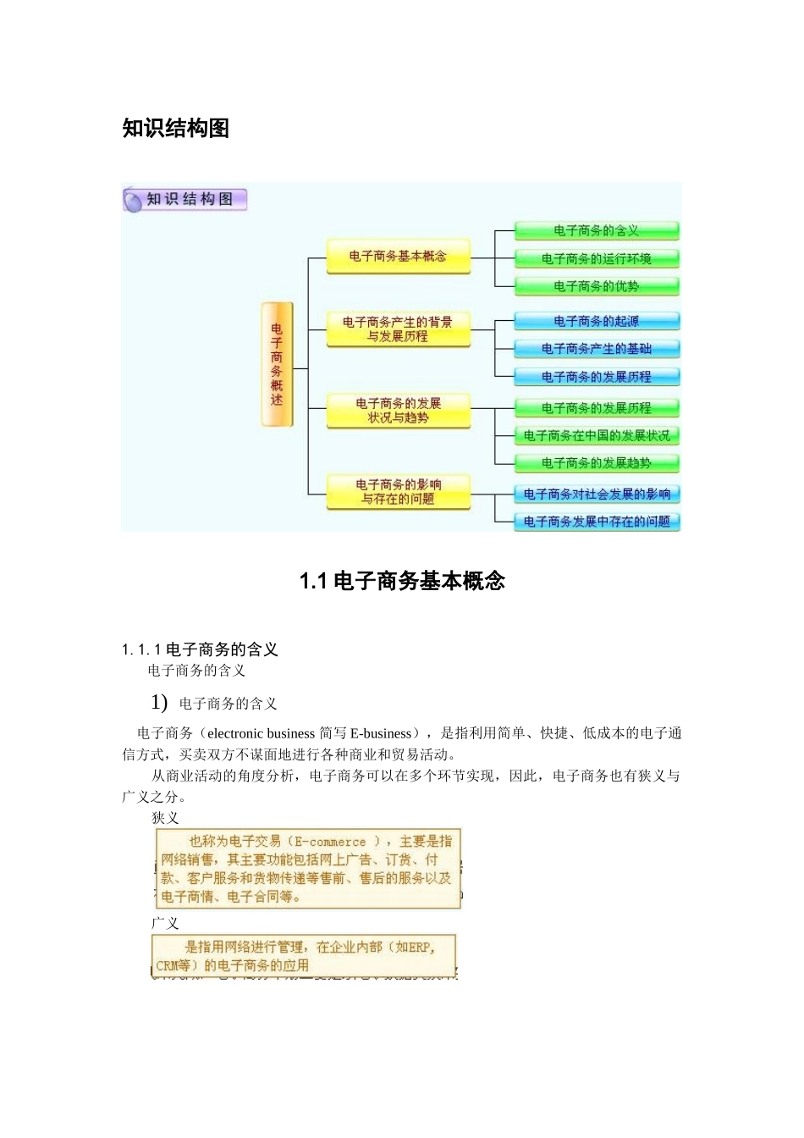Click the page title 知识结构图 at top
pyautogui.click(x=176, y=128)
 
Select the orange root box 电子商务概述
pyautogui.click(x=277, y=364)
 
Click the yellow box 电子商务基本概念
pyautogui.click(x=398, y=256)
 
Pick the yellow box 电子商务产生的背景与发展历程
pyautogui.click(x=398, y=329)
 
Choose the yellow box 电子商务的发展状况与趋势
pyautogui.click(x=398, y=410)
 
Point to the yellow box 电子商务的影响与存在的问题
pyautogui.click(x=398, y=491)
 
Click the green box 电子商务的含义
pyautogui.click(x=597, y=230)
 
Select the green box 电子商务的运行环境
pyautogui.click(x=597, y=258)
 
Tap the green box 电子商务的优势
pyautogui.click(x=597, y=286)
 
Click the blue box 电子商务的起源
pyautogui.click(x=597, y=321)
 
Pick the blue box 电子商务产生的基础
pyautogui.click(x=597, y=348)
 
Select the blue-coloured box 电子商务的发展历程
pyautogui.click(x=597, y=376)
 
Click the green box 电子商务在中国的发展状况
pyautogui.click(x=597, y=435)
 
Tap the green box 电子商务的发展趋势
pyautogui.click(x=597, y=463)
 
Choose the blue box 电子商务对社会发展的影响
pyautogui.click(x=597, y=494)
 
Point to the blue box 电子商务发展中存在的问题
pyautogui.click(x=597, y=522)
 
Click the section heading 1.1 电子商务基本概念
pyautogui.click(x=402, y=581)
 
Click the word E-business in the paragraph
pyautogui.click(x=381, y=733)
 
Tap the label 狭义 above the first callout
pyautogui.click(x=165, y=818)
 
